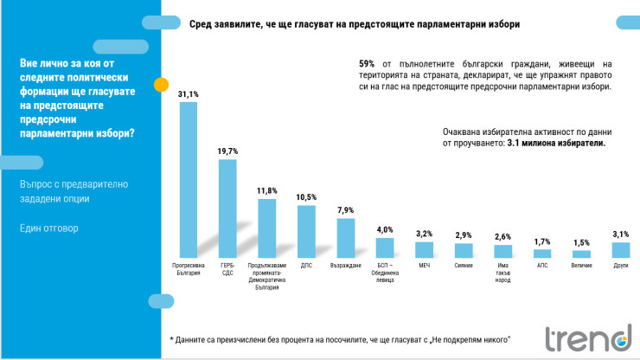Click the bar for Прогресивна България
[189, 180]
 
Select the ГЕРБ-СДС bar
[227, 208]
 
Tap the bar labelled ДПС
[306, 231]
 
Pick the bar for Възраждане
[346, 238]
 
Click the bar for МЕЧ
[424, 250]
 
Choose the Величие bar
[581, 254]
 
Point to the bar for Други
[620, 250]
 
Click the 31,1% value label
[189, 93]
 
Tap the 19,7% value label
[227, 151]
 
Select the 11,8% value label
[267, 190]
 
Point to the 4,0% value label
[385, 229]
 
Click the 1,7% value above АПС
[541, 241]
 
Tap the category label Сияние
[464, 265]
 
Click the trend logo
[588, 337]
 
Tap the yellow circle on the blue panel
[161, 84]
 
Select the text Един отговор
[48, 228]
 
